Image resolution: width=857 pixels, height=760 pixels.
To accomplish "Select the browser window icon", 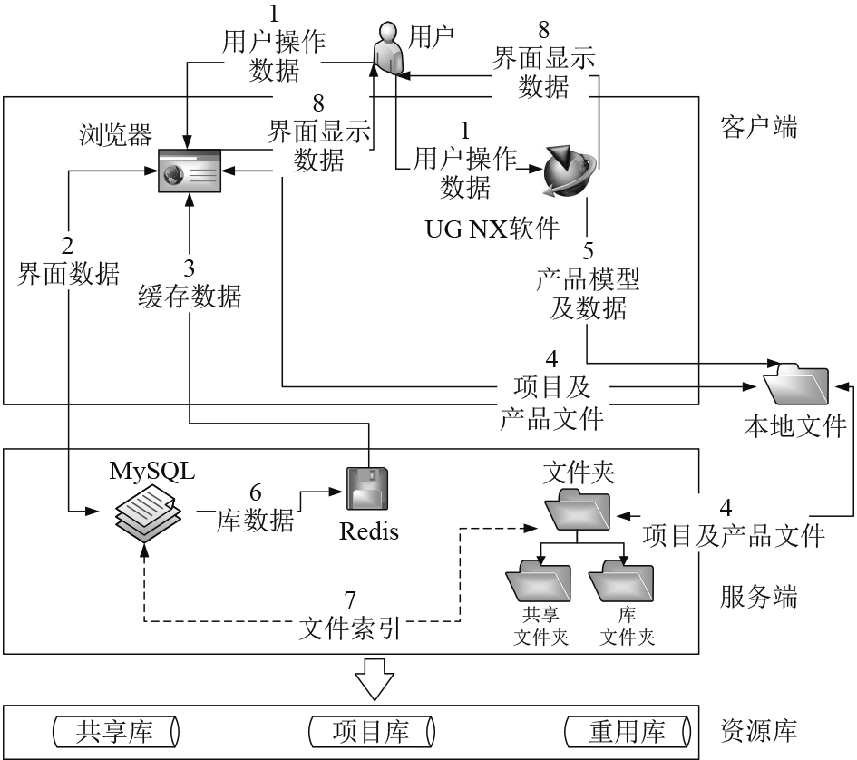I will pos(189,169).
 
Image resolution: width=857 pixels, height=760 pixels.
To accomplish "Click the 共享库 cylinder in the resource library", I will pos(114,731).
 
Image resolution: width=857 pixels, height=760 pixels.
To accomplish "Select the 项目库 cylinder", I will pos(370,731).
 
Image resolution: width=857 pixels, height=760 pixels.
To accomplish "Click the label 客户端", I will pos(759,127).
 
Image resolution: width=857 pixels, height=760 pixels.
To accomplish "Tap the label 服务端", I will pos(759,597).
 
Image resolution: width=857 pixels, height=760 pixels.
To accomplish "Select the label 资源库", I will pos(759,731).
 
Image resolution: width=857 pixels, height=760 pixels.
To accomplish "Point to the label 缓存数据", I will pos(190,296).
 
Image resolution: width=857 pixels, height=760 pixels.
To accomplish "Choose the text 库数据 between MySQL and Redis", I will pos(257,520).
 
